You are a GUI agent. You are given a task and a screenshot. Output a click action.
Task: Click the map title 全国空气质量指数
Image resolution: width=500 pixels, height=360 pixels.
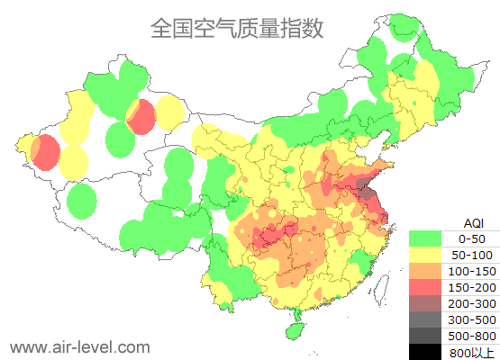237,29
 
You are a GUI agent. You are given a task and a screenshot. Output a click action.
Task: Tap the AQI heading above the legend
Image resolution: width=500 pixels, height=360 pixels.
473,222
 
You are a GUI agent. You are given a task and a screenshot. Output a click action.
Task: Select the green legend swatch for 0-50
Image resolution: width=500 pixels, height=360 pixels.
428,238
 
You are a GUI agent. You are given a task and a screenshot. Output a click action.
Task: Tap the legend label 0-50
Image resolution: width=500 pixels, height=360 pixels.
472,238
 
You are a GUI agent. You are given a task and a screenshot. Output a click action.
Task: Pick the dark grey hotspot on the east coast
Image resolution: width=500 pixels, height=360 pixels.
365,189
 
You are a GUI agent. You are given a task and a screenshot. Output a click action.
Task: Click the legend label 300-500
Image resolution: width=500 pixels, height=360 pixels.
472,319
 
